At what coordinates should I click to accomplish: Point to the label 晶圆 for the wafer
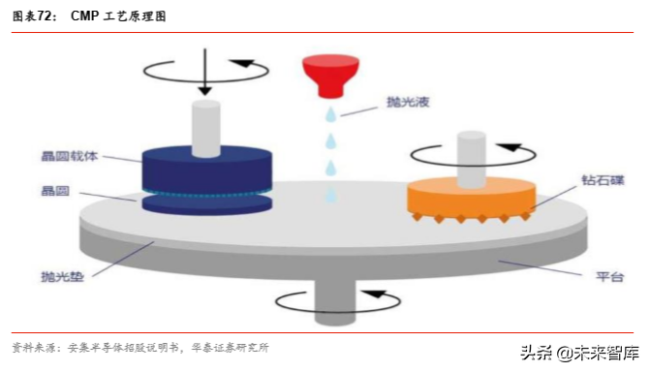pos(53,191)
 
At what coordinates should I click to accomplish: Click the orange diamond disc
pos(471,198)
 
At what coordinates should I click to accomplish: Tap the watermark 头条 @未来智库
pos(579,354)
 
